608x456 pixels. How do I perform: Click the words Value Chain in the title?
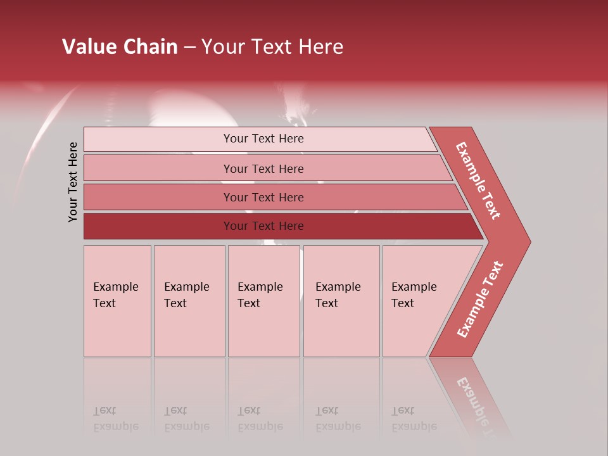click(x=120, y=47)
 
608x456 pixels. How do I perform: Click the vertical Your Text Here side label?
click(x=73, y=182)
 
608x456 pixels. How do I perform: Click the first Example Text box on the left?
click(x=117, y=301)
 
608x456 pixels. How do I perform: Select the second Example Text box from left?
click(x=189, y=301)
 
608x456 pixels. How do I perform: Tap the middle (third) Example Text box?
click(x=263, y=301)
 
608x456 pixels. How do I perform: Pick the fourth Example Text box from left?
click(x=341, y=301)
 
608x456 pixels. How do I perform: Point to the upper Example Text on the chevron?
click(x=478, y=180)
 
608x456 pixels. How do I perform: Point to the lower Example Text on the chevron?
click(x=479, y=300)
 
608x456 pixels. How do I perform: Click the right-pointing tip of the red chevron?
click(x=527, y=241)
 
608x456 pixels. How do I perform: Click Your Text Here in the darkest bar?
click(x=263, y=226)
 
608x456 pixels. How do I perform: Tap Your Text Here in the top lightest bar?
click(x=263, y=139)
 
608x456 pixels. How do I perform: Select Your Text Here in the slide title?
click(x=272, y=47)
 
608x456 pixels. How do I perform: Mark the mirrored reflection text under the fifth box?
click(x=414, y=419)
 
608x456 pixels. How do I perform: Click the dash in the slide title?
click(x=189, y=47)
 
